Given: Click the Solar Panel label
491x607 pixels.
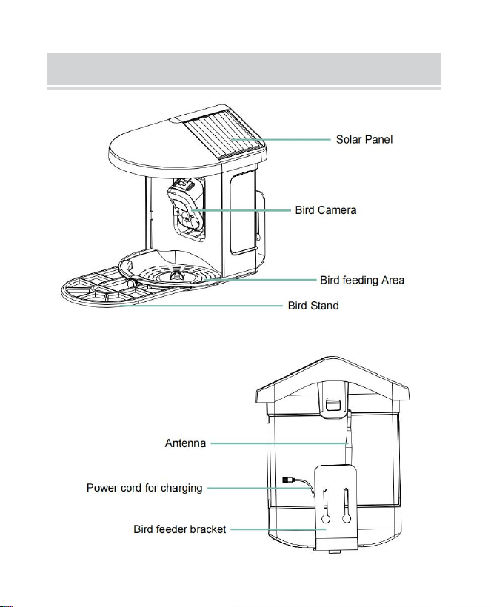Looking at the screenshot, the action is point(364,139).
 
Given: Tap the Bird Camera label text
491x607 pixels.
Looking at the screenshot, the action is point(326,210).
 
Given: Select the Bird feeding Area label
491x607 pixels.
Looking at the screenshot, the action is point(362,280).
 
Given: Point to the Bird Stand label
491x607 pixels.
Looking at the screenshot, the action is point(313,306).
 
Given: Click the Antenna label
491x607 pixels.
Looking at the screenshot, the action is point(185,443).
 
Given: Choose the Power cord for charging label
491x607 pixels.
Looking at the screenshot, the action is point(144,488).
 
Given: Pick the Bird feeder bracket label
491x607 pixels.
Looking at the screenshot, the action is point(180,529).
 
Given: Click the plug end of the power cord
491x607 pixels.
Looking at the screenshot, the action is point(288,480).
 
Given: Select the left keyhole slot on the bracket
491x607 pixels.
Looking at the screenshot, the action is point(325,506).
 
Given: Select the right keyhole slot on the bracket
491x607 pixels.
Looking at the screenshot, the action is point(346,506).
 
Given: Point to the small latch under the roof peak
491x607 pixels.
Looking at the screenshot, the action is point(333,404).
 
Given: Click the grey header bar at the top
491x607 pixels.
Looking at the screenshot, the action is point(244,69).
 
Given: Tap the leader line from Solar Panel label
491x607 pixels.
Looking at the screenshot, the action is point(281,139).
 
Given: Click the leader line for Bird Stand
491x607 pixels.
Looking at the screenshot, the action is point(201,306).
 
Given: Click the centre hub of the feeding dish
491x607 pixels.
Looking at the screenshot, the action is point(176,275).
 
